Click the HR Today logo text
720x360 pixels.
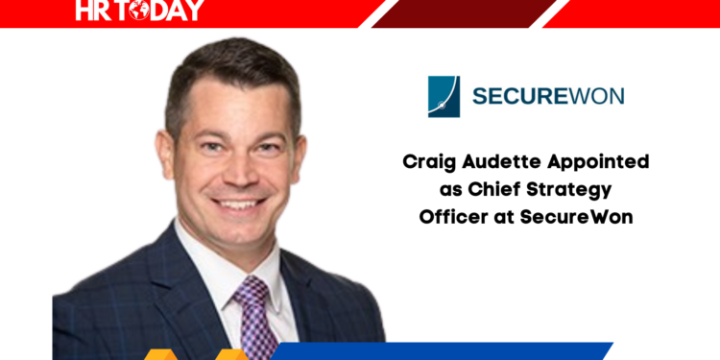[x=139, y=11]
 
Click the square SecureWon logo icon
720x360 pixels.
[x=444, y=96]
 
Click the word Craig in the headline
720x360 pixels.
[x=427, y=162]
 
